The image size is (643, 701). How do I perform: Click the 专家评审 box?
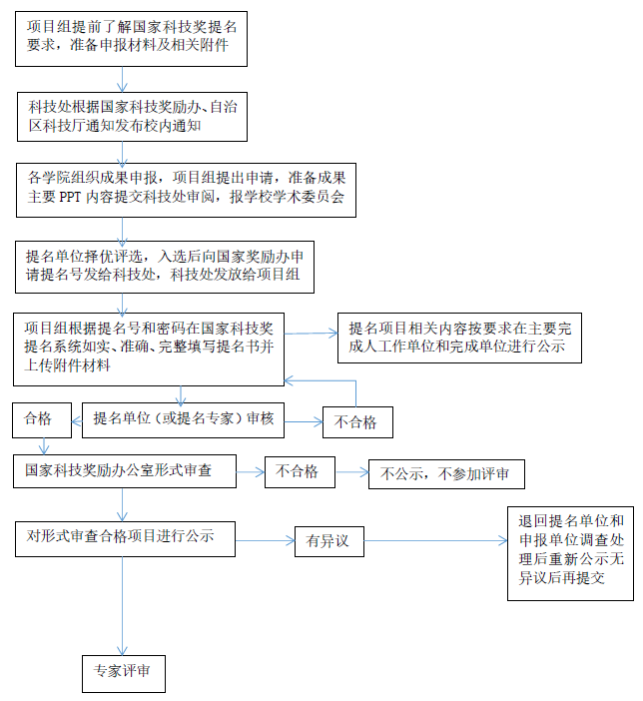[x=124, y=672]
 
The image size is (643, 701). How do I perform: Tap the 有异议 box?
[x=326, y=540]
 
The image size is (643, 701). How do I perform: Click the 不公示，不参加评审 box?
[x=445, y=473]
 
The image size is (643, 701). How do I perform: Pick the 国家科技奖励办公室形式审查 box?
[x=124, y=470]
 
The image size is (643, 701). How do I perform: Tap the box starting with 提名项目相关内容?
[x=458, y=337]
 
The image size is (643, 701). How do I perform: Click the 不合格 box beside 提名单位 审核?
[x=356, y=421]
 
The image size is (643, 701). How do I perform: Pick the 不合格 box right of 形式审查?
[x=299, y=470]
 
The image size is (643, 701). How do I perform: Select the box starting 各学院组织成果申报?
[x=185, y=188]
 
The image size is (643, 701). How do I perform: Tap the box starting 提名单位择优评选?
[x=164, y=265]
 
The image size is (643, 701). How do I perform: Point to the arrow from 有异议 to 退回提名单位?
[x=430, y=541]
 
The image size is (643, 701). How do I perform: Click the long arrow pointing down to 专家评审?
[x=124, y=599]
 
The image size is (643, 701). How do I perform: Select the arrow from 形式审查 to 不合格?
[x=250, y=470]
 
